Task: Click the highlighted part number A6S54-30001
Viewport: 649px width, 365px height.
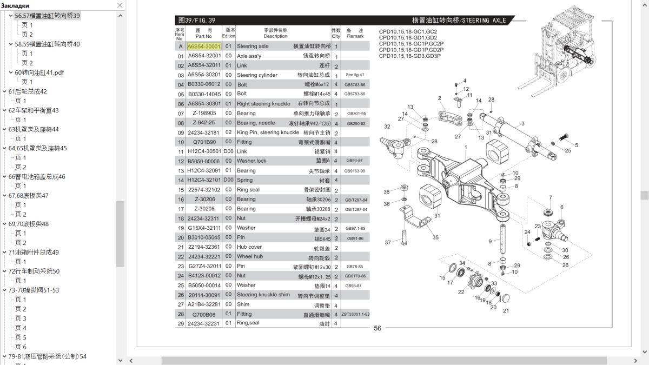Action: (204, 47)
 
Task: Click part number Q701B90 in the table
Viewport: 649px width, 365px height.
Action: (204, 142)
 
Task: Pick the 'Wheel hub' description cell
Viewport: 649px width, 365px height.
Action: (250, 256)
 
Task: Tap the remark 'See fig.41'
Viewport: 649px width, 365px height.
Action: (355, 75)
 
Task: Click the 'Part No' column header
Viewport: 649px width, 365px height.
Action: (204, 34)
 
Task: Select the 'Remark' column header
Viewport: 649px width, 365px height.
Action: (355, 34)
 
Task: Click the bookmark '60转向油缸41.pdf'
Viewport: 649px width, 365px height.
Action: (39, 72)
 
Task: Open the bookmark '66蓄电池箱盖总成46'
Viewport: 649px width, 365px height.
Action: (37, 177)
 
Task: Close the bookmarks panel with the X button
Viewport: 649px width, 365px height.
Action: (120, 5)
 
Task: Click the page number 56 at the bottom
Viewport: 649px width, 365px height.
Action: (378, 328)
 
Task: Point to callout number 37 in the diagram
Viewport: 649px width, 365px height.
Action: (388, 242)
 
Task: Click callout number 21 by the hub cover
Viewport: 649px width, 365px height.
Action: (506, 310)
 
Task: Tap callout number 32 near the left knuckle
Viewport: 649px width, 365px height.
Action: (387, 127)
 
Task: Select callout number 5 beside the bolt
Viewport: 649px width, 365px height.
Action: (576, 145)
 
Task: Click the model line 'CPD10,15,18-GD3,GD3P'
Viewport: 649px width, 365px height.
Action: (409, 56)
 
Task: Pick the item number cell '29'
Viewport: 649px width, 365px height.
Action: (181, 323)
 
